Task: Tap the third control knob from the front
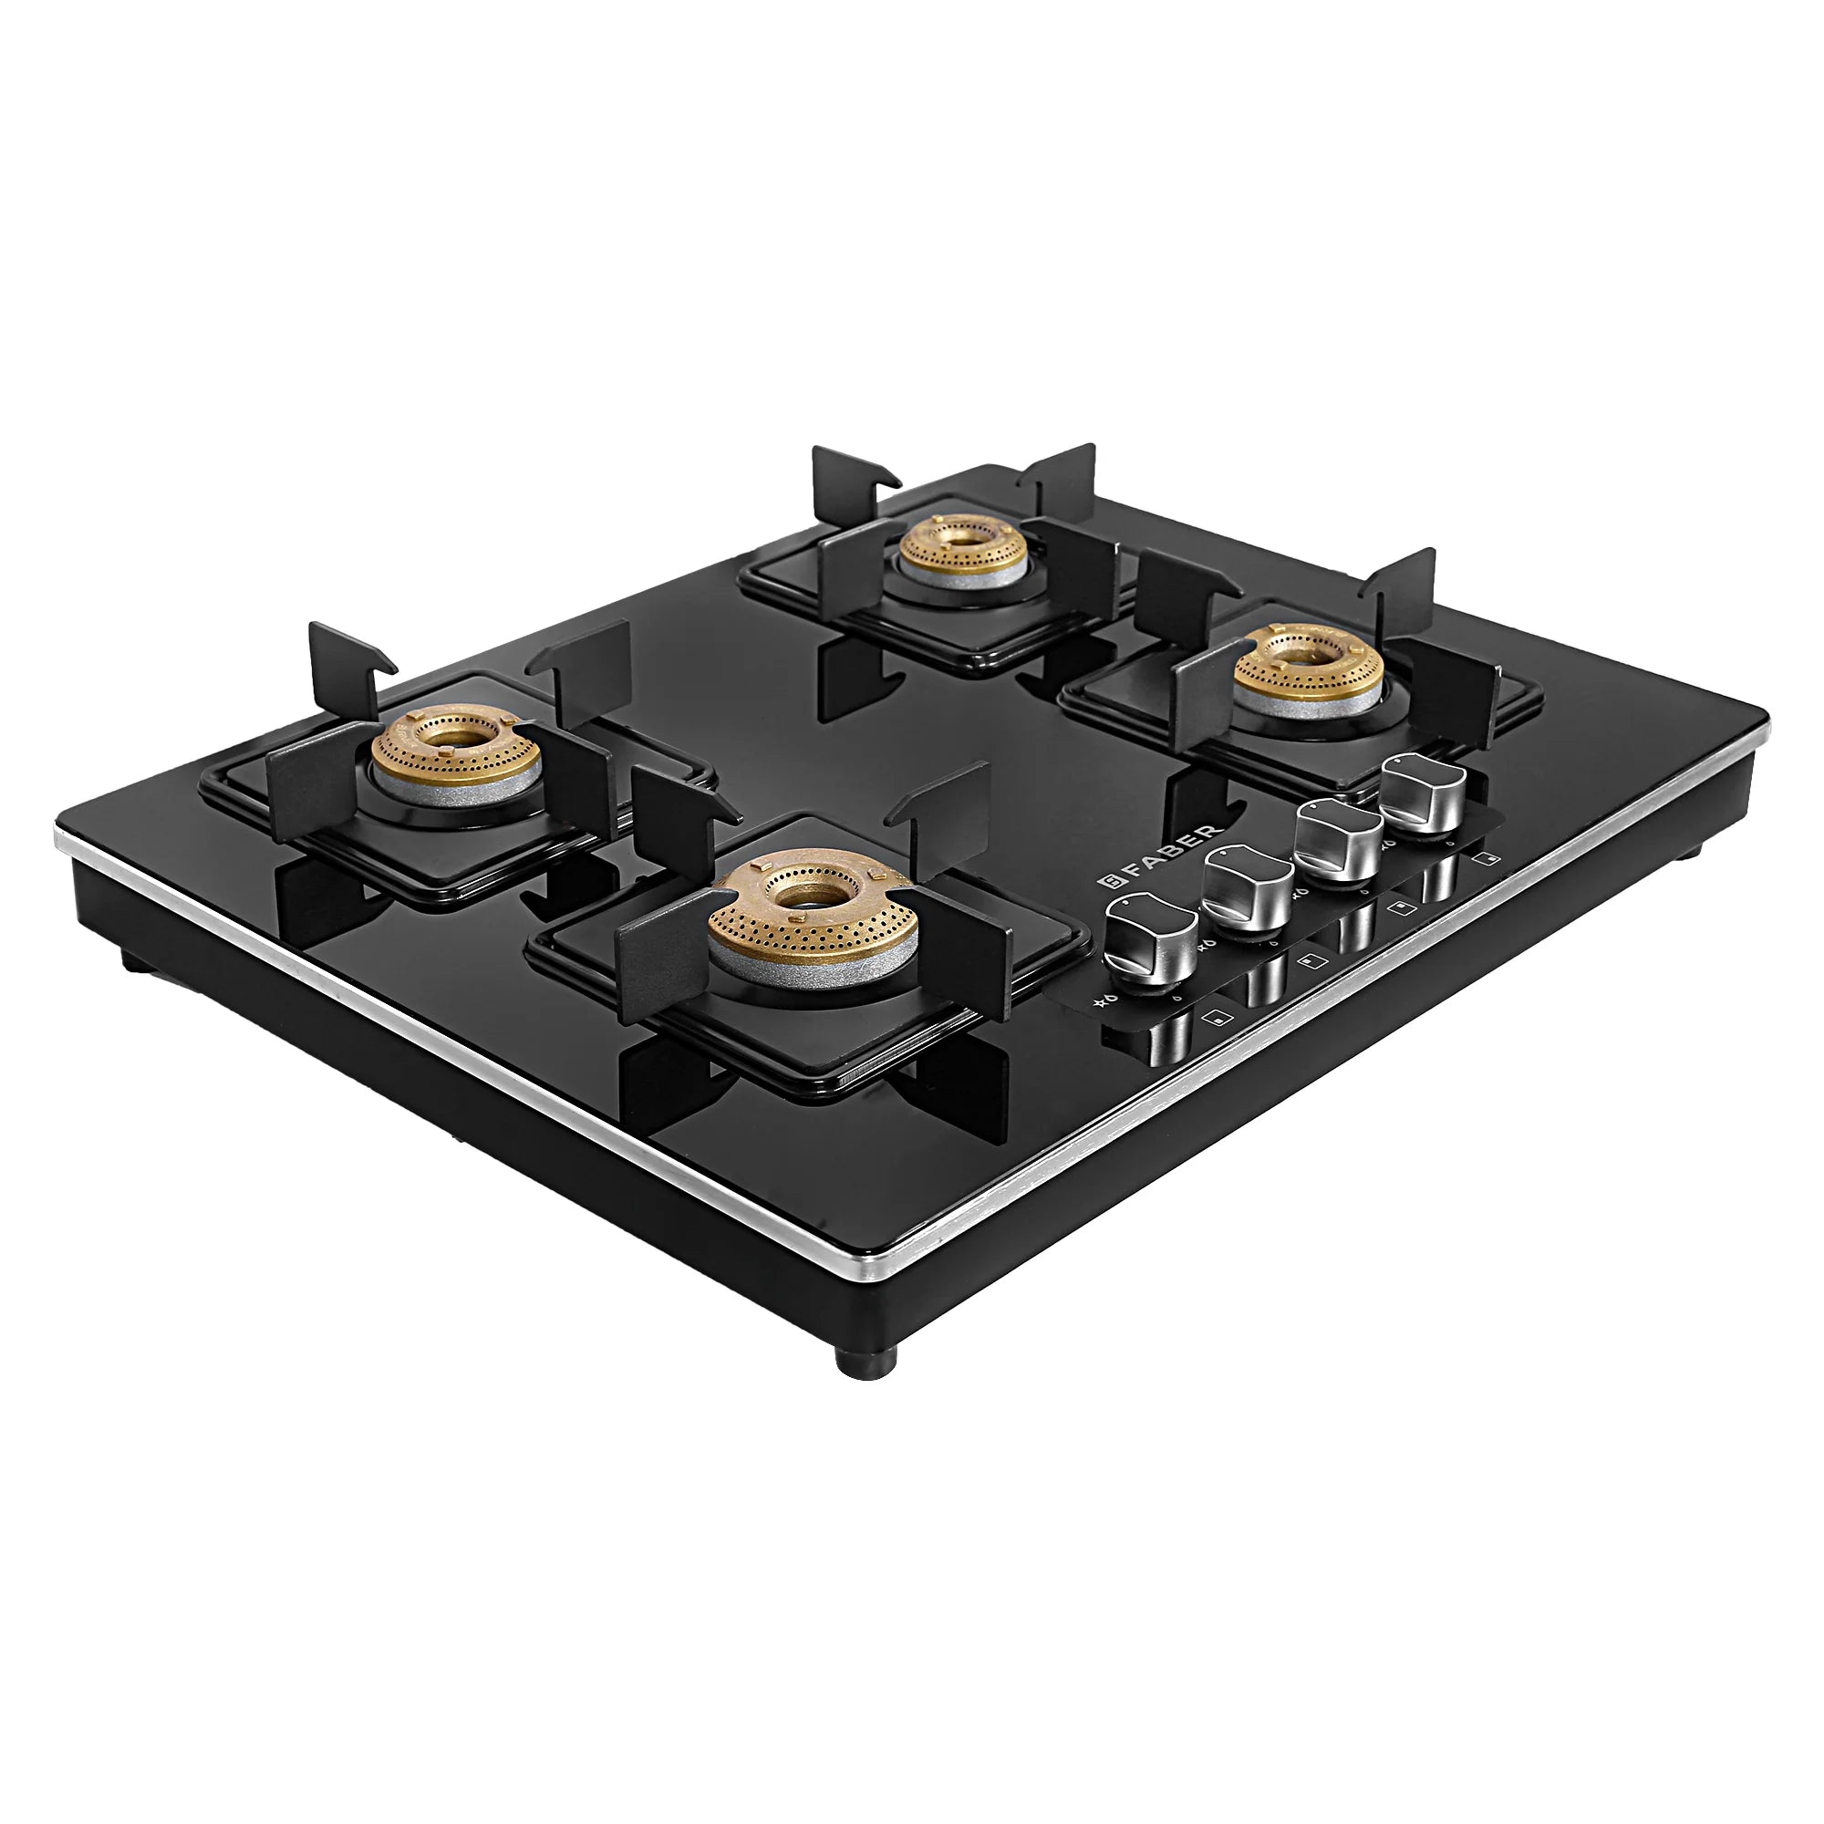point(1339,839)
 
